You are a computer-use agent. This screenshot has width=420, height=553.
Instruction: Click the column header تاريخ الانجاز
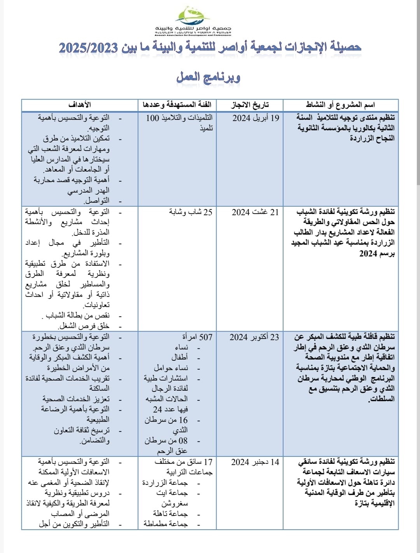pyautogui.click(x=250, y=105)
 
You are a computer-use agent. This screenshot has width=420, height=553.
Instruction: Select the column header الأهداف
pyautogui.click(x=80, y=105)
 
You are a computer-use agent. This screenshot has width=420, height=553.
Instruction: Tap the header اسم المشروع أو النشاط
pyautogui.click(x=340, y=105)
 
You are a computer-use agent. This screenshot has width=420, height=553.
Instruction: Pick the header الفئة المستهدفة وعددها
pyautogui.click(x=177, y=105)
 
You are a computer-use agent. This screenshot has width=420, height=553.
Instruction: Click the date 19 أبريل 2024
pyautogui.click(x=255, y=118)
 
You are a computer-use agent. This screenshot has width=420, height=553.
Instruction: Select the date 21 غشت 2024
pyautogui.click(x=255, y=212)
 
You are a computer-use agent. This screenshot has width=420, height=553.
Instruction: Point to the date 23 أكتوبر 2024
pyautogui.click(x=254, y=337)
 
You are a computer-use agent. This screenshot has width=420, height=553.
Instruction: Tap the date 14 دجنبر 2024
pyautogui.click(x=255, y=462)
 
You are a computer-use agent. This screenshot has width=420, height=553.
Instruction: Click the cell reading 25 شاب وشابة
pyautogui.click(x=191, y=212)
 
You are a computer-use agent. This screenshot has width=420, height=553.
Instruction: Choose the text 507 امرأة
pyautogui.click(x=197, y=337)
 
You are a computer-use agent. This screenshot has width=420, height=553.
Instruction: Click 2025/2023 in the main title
pyautogui.click(x=88, y=48)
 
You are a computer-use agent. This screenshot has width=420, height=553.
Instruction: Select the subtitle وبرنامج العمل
pyautogui.click(x=208, y=77)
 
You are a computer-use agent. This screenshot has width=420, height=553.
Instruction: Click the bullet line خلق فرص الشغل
pyautogui.click(x=84, y=326)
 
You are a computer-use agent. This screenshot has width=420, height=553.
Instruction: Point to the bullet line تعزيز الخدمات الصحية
pyautogui.click(x=76, y=399)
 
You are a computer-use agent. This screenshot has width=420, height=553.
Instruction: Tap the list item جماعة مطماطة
pyautogui.click(x=166, y=524)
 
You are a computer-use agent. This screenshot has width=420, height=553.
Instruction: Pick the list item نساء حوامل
pyautogui.click(x=171, y=368)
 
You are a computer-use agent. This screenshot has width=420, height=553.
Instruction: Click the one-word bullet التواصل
pyautogui.click(x=97, y=201)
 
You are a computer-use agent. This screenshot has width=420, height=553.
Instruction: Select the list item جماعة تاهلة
pyautogui.click(x=170, y=514)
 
